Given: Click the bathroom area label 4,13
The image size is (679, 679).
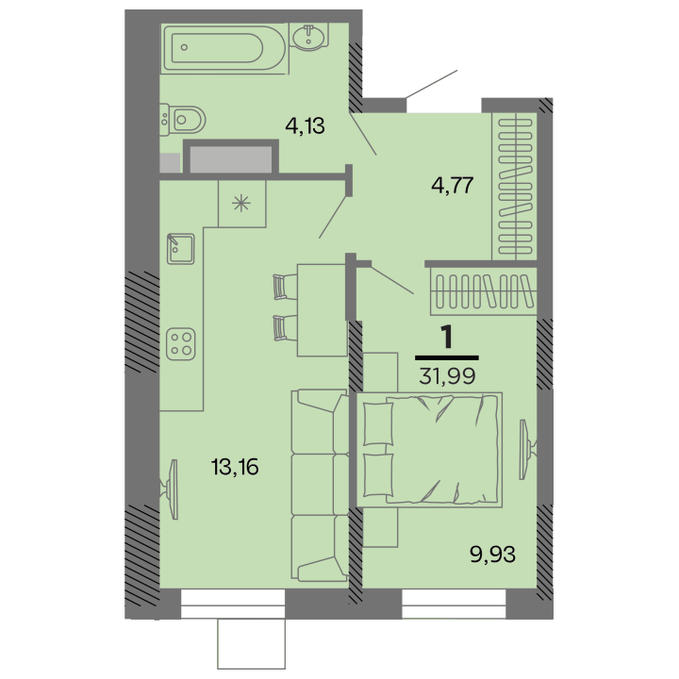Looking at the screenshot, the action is tap(305, 126).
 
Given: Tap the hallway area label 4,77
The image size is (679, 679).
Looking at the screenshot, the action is tap(452, 186).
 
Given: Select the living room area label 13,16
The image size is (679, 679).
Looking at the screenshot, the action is tap(235, 467).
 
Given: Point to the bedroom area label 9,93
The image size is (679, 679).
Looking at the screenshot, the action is tap(493, 554).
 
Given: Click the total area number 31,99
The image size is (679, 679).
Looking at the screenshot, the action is tap(447, 376).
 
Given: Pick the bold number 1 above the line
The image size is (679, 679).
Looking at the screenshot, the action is tap(446, 338).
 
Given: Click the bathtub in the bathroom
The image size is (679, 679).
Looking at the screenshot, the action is tap(224, 48).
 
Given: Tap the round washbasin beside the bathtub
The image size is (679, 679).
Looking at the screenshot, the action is tap(308, 36).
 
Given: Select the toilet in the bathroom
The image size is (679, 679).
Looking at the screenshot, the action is tap(182, 119).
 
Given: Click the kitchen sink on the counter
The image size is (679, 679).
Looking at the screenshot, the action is tap(180, 249).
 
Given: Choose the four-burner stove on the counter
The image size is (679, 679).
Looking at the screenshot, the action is tap(180, 344).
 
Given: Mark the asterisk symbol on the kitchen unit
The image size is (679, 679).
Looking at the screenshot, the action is tap(241, 204).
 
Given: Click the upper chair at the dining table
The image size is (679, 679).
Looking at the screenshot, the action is tap(285, 287).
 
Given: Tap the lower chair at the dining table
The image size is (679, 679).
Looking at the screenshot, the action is tap(285, 328).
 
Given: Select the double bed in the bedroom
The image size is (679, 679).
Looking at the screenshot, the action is tap(429, 450).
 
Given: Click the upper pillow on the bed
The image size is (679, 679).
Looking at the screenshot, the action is tap(378, 423).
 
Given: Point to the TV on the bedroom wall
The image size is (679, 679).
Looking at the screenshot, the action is tap(527, 450).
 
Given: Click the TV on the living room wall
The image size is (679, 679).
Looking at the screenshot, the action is tap(170, 489).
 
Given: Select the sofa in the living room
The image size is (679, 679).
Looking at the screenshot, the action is tap(320, 485).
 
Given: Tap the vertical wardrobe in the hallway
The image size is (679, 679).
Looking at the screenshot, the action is tap(515, 187).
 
